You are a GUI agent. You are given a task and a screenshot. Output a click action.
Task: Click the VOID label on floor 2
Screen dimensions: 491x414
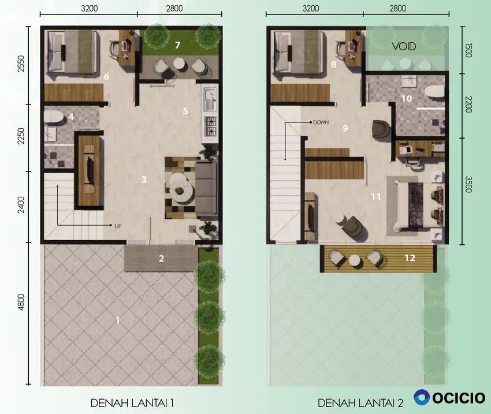[404, 47]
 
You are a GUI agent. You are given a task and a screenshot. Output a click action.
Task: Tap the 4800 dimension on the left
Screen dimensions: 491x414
[21, 303]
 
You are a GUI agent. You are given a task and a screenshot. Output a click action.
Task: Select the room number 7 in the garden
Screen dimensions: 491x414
[177, 46]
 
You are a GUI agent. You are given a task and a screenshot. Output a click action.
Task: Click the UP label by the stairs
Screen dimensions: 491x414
[118, 226]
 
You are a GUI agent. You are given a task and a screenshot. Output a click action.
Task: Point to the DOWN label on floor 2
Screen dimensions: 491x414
[321, 122]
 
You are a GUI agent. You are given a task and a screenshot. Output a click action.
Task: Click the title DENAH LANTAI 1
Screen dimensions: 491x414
[132, 402]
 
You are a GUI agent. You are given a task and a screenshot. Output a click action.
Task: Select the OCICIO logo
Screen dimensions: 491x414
[449, 398]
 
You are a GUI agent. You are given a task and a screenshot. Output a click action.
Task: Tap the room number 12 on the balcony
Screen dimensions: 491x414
[410, 258]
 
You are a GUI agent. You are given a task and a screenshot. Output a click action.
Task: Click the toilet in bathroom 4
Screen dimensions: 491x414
[52, 117]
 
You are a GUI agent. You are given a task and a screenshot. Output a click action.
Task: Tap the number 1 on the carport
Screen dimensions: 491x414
[118, 320]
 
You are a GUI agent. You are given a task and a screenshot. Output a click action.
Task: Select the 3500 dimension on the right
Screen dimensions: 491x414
[468, 184]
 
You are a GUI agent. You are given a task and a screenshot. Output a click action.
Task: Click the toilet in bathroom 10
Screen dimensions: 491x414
[434, 92]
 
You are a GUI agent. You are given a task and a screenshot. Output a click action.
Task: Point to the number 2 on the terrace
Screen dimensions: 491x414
[161, 259]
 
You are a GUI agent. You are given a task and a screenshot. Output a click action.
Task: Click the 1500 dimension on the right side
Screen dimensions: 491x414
[468, 50]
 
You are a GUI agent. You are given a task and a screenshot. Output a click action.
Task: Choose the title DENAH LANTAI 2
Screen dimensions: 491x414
[360, 403]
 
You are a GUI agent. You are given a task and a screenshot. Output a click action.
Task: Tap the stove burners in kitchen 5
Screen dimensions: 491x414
[210, 126]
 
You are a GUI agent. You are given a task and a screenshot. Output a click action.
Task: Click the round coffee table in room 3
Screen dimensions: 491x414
[180, 188]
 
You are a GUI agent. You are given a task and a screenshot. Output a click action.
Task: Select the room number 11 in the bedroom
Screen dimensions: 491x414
[376, 196]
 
